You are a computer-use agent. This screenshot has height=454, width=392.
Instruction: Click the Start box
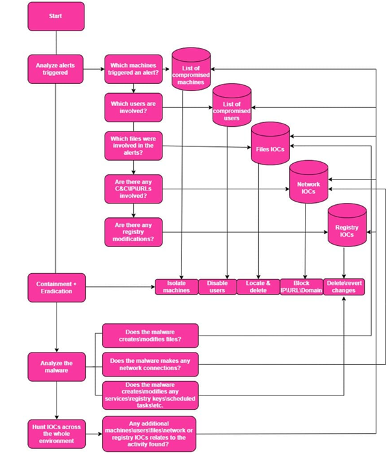pos(56,16)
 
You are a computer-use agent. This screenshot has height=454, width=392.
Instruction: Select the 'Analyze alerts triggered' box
pos(55,69)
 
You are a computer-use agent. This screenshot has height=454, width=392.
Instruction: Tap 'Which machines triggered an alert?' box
pos(133,69)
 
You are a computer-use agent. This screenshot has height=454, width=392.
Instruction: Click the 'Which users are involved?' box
pos(133,107)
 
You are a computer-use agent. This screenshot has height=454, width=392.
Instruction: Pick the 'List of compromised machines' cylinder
pos(191,69)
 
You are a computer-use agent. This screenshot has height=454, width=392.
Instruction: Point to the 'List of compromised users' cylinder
pos(231,105)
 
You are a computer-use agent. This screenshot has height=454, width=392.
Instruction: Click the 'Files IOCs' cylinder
pos(270,143)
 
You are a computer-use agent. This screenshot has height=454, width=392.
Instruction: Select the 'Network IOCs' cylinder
pos(309,182)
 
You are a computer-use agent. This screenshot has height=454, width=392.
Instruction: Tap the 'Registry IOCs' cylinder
pos(347,225)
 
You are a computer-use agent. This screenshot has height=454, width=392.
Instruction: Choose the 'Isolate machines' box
pos(177,287)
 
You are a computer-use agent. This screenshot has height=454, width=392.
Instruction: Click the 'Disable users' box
pos(218,287)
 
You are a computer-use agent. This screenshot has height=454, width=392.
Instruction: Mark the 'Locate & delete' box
pos(258,287)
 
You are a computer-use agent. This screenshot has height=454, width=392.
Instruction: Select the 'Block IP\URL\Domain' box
pos(302,287)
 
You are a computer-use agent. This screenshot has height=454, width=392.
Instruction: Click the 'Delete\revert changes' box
pos(344,287)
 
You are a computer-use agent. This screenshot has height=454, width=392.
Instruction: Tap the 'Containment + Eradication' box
pos(57,287)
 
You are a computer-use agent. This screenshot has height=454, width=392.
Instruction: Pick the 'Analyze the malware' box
pos(57,367)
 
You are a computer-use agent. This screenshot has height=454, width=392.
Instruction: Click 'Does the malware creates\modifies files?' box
pos(150,336)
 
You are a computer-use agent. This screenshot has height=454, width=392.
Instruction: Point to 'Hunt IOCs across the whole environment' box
pos(57,434)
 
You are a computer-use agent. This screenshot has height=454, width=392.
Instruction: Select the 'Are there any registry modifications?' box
pos(133,232)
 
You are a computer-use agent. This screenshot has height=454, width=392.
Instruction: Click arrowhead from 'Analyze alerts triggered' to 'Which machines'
pos(103,69)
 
